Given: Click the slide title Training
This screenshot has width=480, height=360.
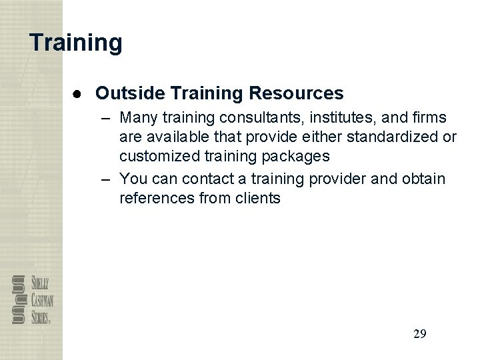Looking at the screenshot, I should [76, 43].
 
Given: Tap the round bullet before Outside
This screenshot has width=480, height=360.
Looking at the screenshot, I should [78, 93].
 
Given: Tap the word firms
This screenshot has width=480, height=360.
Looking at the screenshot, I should [431, 119].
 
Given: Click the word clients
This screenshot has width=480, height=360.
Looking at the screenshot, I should [255, 198].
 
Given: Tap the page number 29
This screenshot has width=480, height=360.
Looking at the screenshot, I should [419, 333].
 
